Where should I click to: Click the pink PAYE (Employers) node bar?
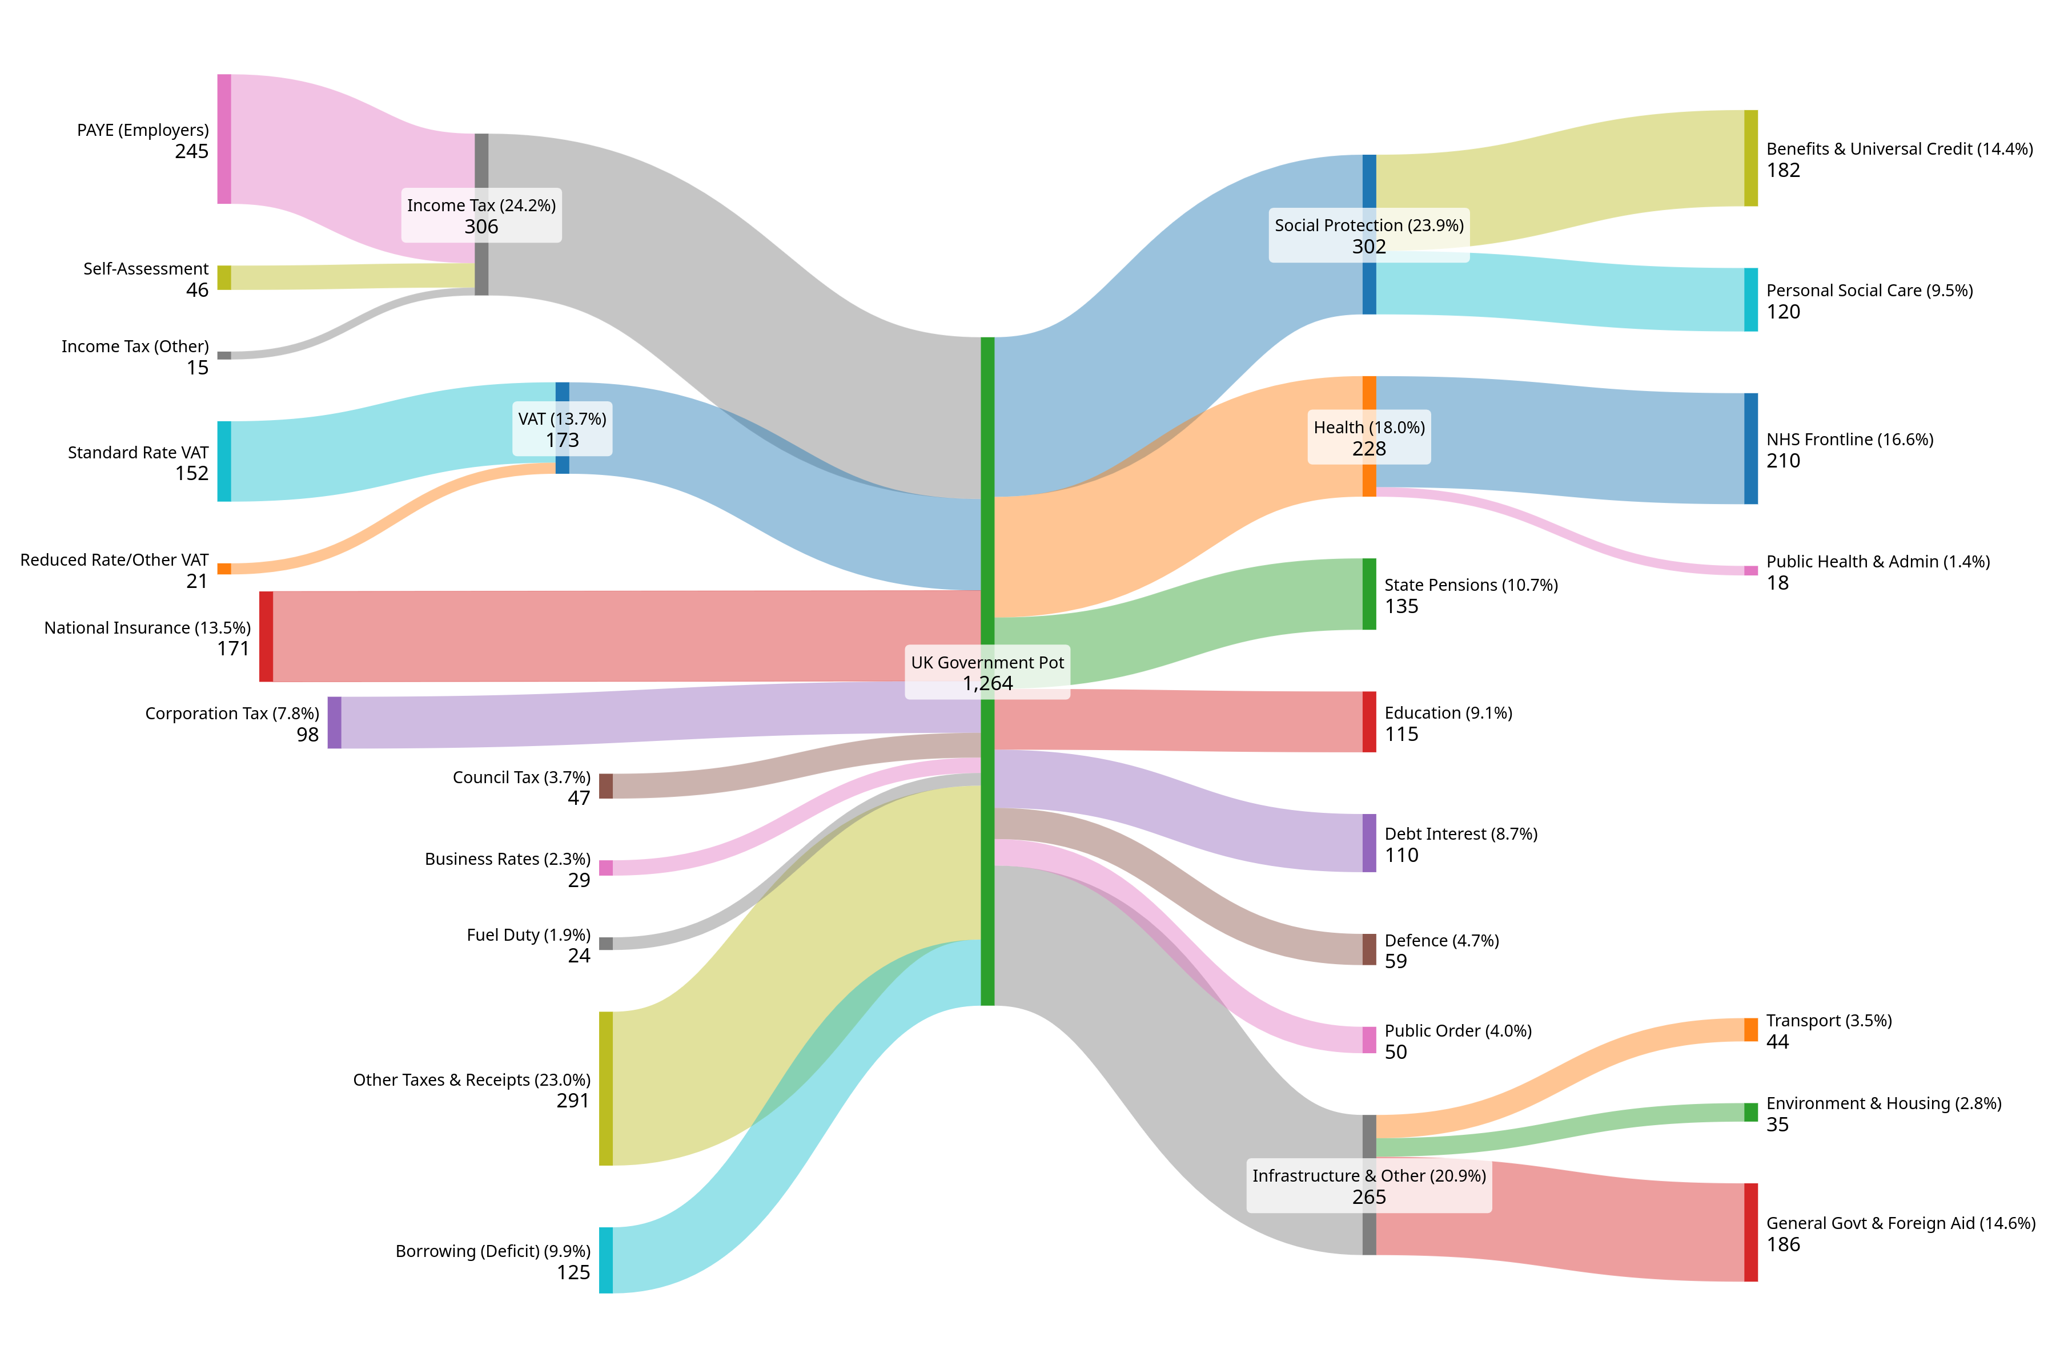pos(224,139)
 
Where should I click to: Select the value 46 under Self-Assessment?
pos(198,290)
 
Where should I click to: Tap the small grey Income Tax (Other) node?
pos(224,356)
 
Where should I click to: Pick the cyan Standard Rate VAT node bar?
pos(224,461)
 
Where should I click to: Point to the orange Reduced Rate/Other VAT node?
pos(224,569)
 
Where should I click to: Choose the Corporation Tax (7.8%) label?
pos(232,714)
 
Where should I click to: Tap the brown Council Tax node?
pos(606,785)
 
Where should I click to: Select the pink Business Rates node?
pos(606,868)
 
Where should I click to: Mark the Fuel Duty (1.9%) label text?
pos(529,935)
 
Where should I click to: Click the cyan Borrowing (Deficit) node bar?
pos(606,1260)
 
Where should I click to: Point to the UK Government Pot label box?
pos(988,673)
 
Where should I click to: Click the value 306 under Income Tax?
pos(481,227)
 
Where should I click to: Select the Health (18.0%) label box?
pos(1369,437)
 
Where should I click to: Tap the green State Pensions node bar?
pos(1369,594)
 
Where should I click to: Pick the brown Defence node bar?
pos(1369,949)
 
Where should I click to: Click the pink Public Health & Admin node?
pos(1751,570)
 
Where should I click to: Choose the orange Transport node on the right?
pos(1751,1030)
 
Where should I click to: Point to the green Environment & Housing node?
pos(1751,1112)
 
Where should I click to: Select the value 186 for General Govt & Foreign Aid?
pos(1783,1245)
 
